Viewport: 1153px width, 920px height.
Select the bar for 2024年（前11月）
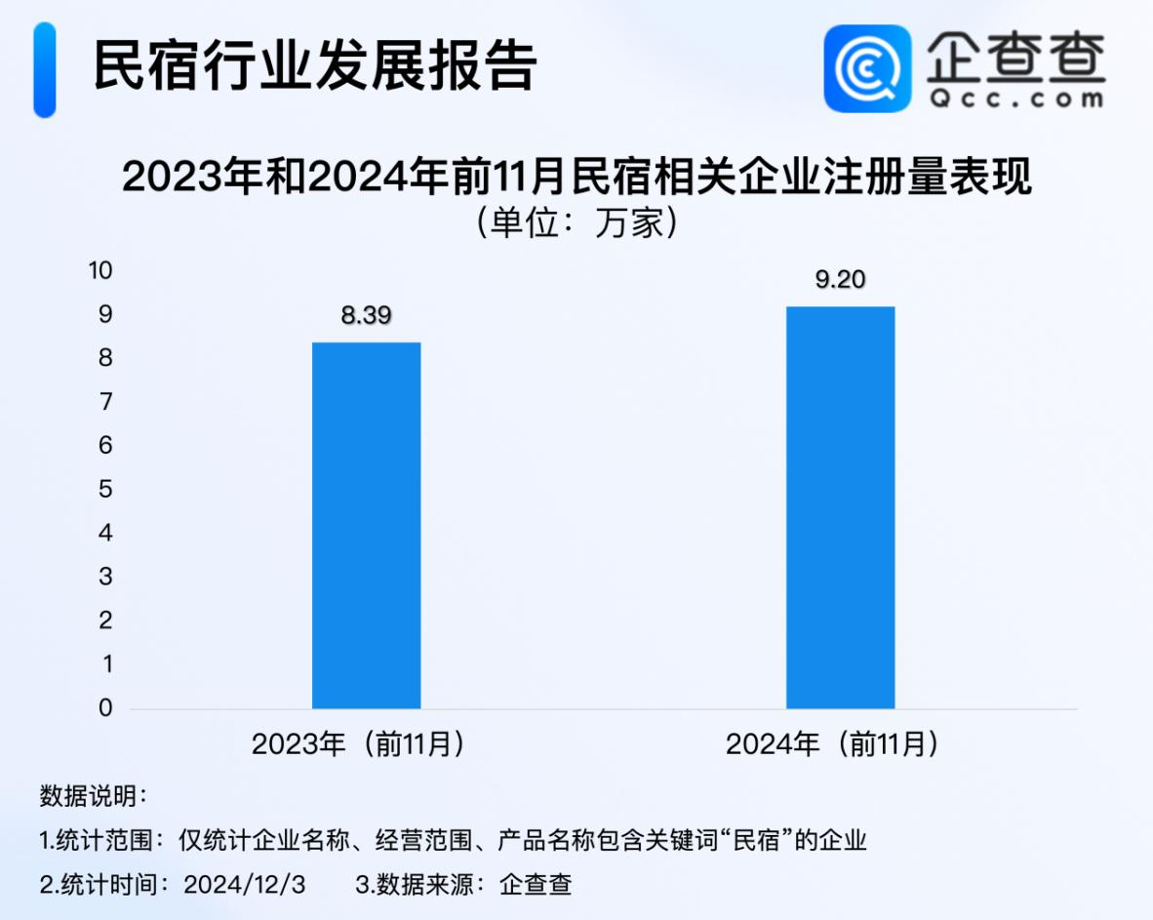coord(840,507)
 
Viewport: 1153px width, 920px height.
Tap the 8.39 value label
coord(366,315)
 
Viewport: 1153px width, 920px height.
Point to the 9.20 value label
coord(840,280)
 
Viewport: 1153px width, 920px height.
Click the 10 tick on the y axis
coord(101,270)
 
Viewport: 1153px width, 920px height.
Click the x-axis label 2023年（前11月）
coord(357,745)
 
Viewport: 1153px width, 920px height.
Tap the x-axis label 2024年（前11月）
coord(831,745)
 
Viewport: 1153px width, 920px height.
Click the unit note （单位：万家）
coord(576,223)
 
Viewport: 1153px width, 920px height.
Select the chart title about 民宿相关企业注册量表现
coord(576,180)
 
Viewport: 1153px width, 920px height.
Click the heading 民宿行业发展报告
coord(315,67)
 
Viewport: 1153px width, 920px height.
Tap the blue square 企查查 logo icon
coord(867,68)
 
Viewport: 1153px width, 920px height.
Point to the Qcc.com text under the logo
coord(1015,99)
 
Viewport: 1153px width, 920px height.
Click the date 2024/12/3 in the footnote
coord(245,885)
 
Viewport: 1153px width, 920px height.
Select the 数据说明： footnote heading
coord(94,795)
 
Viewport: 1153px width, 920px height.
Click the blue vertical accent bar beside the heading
coord(45,69)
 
